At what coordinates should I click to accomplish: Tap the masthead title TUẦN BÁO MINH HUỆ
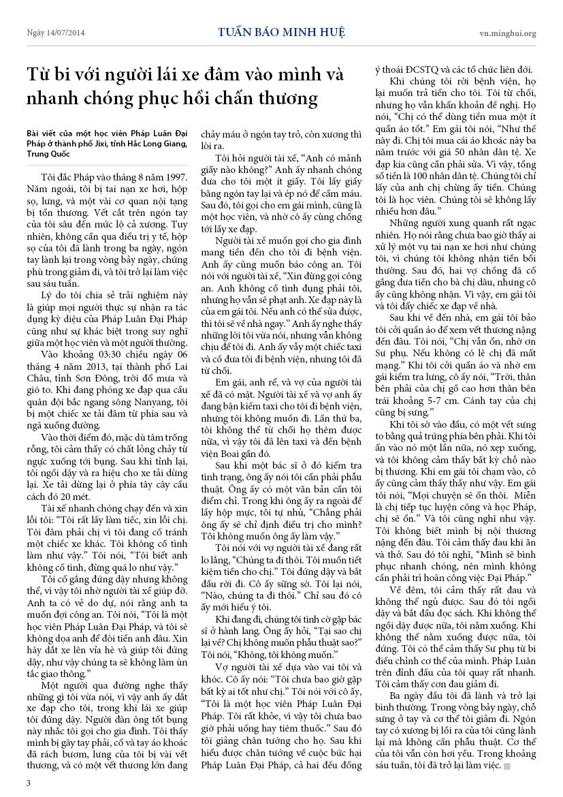pyautogui.click(x=281, y=32)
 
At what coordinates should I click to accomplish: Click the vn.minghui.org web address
pyautogui.click(x=507, y=33)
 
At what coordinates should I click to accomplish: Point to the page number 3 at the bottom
pyautogui.click(x=28, y=783)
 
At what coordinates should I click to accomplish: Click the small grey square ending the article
pyautogui.click(x=507, y=766)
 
